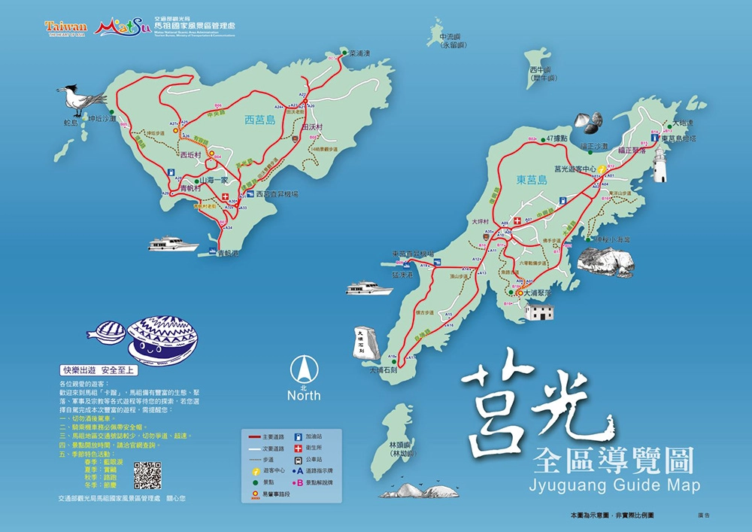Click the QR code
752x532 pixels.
[147, 476]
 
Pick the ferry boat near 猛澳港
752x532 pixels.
[369, 287]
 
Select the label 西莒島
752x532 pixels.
[260, 120]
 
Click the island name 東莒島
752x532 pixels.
[532, 181]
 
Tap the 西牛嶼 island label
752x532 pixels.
[542, 74]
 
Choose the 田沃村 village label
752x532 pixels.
[311, 127]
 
